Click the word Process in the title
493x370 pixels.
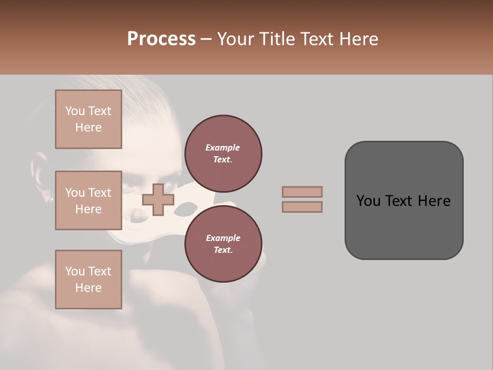pos(161,39)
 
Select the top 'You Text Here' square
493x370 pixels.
pos(88,119)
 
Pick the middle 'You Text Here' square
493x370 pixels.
pos(88,200)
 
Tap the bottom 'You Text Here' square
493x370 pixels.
pos(88,280)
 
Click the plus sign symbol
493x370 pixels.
pos(158,199)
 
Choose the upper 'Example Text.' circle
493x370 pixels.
pos(223,154)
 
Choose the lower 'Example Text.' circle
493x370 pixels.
pos(223,244)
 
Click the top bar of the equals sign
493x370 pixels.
pos(302,192)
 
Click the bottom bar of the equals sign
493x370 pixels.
pos(302,207)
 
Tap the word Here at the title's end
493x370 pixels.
pos(361,39)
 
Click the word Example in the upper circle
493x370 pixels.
pos(223,147)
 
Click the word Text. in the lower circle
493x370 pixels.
pos(223,250)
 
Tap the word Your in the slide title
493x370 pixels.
pos(236,39)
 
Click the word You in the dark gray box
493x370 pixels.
pos(368,200)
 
